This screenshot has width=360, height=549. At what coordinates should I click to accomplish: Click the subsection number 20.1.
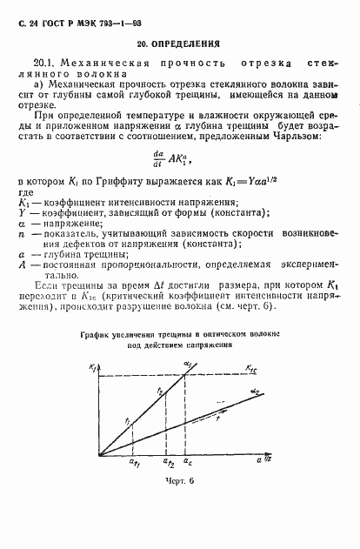pyautogui.click(x=43, y=64)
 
